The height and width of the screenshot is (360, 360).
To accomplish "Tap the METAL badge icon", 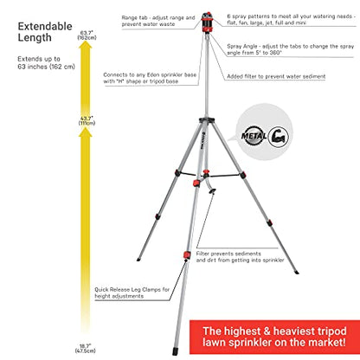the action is pyautogui.click(x=254, y=136).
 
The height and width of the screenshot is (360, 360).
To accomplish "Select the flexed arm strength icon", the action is pyautogui.click(x=279, y=137).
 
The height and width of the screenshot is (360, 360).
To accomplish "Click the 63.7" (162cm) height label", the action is pyautogui.click(x=87, y=35).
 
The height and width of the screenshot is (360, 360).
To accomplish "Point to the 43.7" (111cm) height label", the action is pyautogui.click(x=87, y=120).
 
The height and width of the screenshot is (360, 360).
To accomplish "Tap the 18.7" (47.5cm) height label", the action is pyautogui.click(x=85, y=348).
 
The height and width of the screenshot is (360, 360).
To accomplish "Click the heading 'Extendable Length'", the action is pyautogui.click(x=45, y=32).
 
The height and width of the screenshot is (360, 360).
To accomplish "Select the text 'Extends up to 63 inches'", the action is pyautogui.click(x=46, y=62).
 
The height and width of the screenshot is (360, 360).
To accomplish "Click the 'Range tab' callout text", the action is pyautogui.click(x=158, y=21).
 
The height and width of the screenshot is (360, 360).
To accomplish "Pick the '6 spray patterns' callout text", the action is pyautogui.click(x=291, y=19).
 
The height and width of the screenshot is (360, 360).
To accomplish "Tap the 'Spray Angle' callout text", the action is pyautogui.click(x=290, y=49).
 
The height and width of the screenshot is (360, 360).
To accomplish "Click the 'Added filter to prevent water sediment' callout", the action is pyautogui.click(x=276, y=76).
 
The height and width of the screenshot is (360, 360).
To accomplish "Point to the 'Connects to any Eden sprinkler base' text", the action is pyautogui.click(x=150, y=78).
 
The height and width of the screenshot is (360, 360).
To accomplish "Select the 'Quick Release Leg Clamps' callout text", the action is pyautogui.click(x=132, y=292).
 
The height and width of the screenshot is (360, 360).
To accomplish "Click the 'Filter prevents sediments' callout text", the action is pyautogui.click(x=240, y=257).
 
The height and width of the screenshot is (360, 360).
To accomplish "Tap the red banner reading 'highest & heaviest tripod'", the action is pyautogui.click(x=274, y=337).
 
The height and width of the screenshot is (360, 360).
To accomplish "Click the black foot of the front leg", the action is pyautogui.click(x=175, y=351).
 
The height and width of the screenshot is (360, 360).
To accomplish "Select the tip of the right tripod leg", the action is pyautogui.click(x=297, y=273).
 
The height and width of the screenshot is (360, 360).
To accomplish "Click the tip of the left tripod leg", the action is pyautogui.click(x=138, y=260).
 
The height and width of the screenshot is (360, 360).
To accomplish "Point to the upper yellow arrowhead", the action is pyautogui.click(x=86, y=46).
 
